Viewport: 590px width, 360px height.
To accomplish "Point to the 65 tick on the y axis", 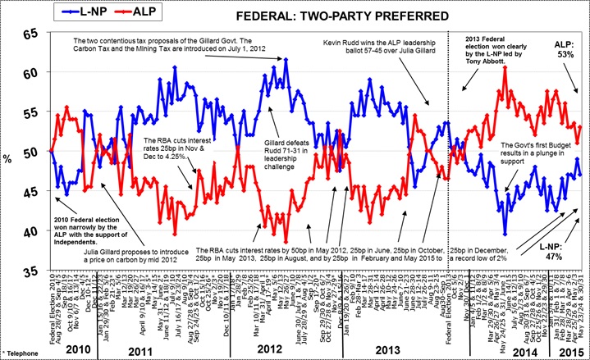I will pos(30,34).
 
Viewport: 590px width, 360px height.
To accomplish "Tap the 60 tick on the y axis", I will pos(30,74).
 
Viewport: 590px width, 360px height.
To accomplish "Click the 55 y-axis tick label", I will pos(30,113).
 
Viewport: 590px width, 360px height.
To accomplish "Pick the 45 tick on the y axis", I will pos(30,193).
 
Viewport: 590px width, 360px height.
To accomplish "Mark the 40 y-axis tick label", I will pos(30,232).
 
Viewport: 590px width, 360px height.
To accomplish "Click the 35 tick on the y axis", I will pos(30,271).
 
